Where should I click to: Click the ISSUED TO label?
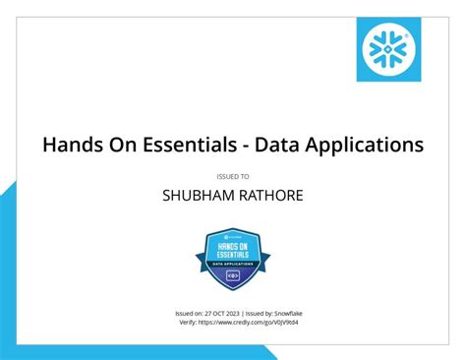(x=232, y=176)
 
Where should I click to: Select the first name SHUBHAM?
(x=197, y=196)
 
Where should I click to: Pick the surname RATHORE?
(x=268, y=196)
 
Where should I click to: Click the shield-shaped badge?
(x=232, y=258)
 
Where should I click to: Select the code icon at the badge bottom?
(x=232, y=276)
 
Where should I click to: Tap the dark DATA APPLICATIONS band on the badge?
(x=232, y=265)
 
